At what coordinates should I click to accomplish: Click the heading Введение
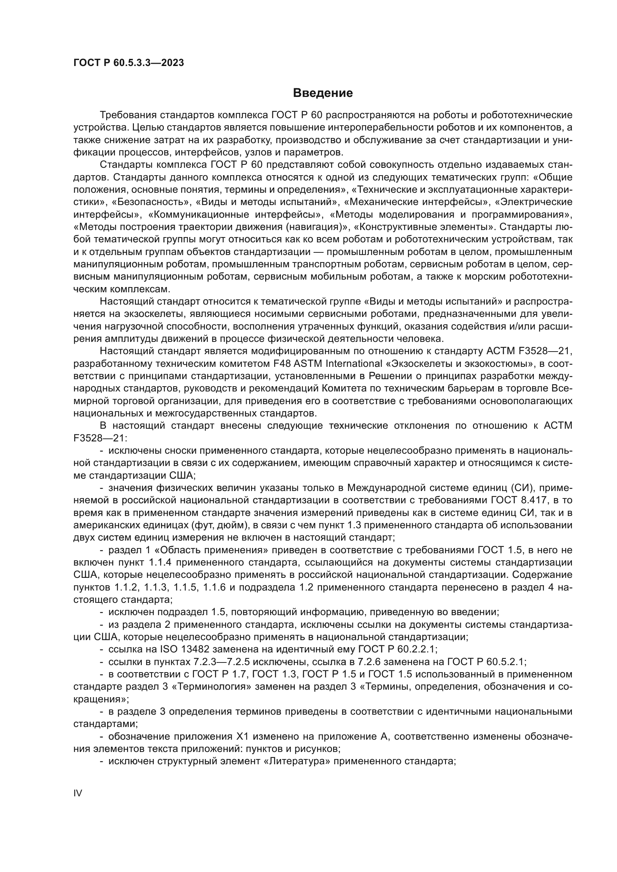pos(323,93)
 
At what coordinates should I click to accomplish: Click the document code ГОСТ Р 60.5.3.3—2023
pos(128,63)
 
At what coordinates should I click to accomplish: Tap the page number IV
pos(78,793)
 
